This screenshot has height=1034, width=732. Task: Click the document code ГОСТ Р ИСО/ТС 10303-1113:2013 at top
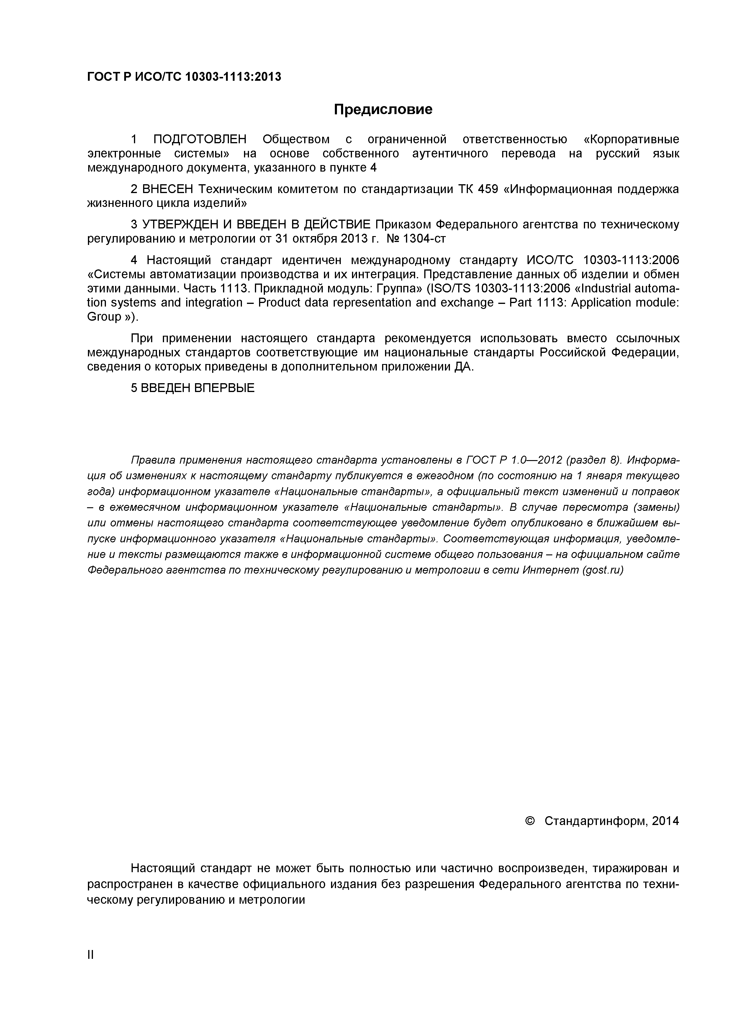(x=184, y=77)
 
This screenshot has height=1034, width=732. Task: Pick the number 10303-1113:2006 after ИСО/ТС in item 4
(x=631, y=260)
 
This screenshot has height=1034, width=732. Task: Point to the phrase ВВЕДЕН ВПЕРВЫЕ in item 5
(x=198, y=388)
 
